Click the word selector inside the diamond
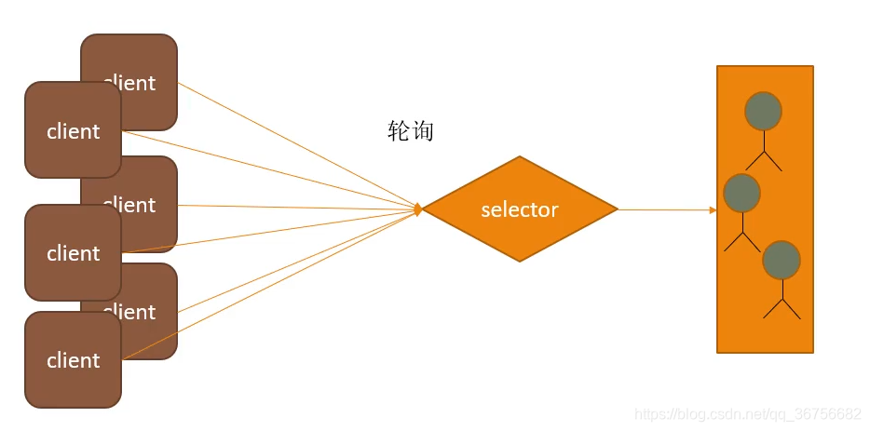pos(519,210)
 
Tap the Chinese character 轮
pos(399,131)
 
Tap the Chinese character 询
pos(422,131)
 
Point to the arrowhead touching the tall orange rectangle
pos(713,210)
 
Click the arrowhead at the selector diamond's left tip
pos(418,209)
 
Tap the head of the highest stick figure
pos(763,111)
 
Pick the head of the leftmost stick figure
pos(741,193)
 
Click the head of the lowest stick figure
pos(781,260)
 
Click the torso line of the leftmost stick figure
pos(742,222)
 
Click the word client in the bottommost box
pos(73,360)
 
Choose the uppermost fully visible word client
pos(73,131)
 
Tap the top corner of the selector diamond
pos(520,156)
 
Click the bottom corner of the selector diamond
pos(520,263)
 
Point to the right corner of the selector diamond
pos(617,209)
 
